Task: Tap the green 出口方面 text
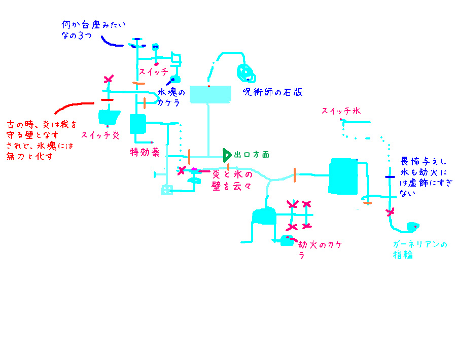(x=252, y=154)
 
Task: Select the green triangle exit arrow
(x=227, y=154)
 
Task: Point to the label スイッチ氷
(x=341, y=111)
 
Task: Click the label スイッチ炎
(x=100, y=135)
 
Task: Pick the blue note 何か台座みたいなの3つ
(x=92, y=30)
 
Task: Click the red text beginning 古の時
(x=40, y=140)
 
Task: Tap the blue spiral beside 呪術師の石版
(x=247, y=71)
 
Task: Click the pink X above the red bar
(x=108, y=80)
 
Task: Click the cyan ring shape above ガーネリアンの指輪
(x=412, y=227)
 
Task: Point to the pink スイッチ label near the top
(x=154, y=72)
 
